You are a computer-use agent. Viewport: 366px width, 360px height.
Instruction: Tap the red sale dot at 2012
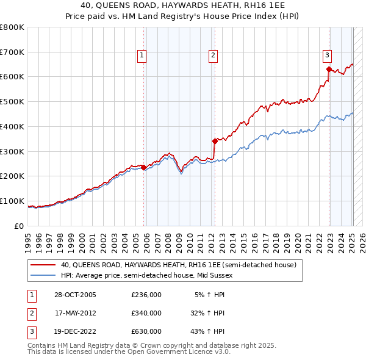click(215, 141)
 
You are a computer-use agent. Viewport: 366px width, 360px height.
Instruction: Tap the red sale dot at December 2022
click(329, 69)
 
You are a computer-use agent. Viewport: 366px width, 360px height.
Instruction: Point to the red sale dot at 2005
click(144, 167)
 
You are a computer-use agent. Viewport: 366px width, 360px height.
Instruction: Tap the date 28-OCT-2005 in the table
click(73, 295)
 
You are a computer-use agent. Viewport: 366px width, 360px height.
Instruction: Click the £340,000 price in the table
click(146, 313)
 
